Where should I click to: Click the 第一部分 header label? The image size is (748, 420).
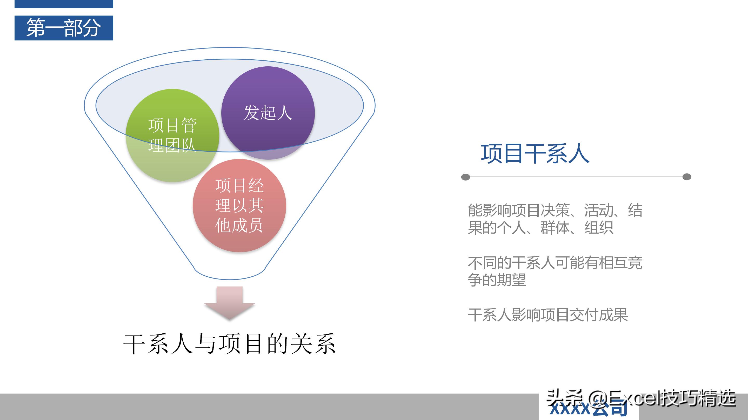pos(64,28)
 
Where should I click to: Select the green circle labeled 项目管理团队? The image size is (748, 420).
pos(172,135)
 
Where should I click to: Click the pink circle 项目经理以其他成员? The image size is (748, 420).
pos(239,205)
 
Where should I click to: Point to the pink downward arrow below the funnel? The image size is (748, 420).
pos(229,303)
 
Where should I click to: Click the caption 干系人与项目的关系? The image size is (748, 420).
pos(229,344)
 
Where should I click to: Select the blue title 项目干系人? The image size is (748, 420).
pos(535,154)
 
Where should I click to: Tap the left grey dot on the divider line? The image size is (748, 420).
pos(465,177)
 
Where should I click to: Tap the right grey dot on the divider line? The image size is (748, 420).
pos(686,177)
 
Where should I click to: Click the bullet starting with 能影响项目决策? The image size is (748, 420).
pos(555,219)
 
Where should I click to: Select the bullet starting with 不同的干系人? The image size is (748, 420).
pos(555,271)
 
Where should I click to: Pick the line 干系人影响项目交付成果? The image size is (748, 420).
pos(548,315)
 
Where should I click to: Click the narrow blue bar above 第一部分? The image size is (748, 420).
pos(64,4)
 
